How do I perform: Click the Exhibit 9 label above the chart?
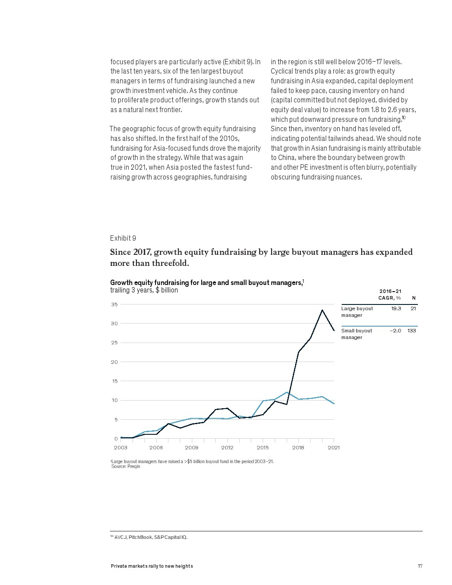(x=123, y=238)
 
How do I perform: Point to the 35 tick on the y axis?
(x=114, y=304)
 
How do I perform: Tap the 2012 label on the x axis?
(x=227, y=448)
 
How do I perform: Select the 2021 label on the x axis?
(x=334, y=448)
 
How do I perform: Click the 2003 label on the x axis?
(x=121, y=448)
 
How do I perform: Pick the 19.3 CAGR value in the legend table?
(x=396, y=308)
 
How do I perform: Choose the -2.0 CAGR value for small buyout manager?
(x=395, y=331)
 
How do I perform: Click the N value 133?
(x=412, y=331)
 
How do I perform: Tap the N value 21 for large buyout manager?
(x=413, y=308)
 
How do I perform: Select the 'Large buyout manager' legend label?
(x=357, y=312)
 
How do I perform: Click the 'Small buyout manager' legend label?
(x=357, y=334)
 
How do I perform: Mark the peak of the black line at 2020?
(x=322, y=310)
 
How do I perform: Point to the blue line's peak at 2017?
(x=287, y=392)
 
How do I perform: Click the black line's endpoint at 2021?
(x=334, y=330)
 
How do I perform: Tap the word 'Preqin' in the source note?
(x=134, y=467)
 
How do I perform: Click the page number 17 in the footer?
(x=420, y=566)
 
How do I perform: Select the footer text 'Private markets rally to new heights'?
(x=152, y=566)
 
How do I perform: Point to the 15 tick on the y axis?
(x=115, y=381)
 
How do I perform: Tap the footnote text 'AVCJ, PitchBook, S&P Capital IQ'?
(x=151, y=537)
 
